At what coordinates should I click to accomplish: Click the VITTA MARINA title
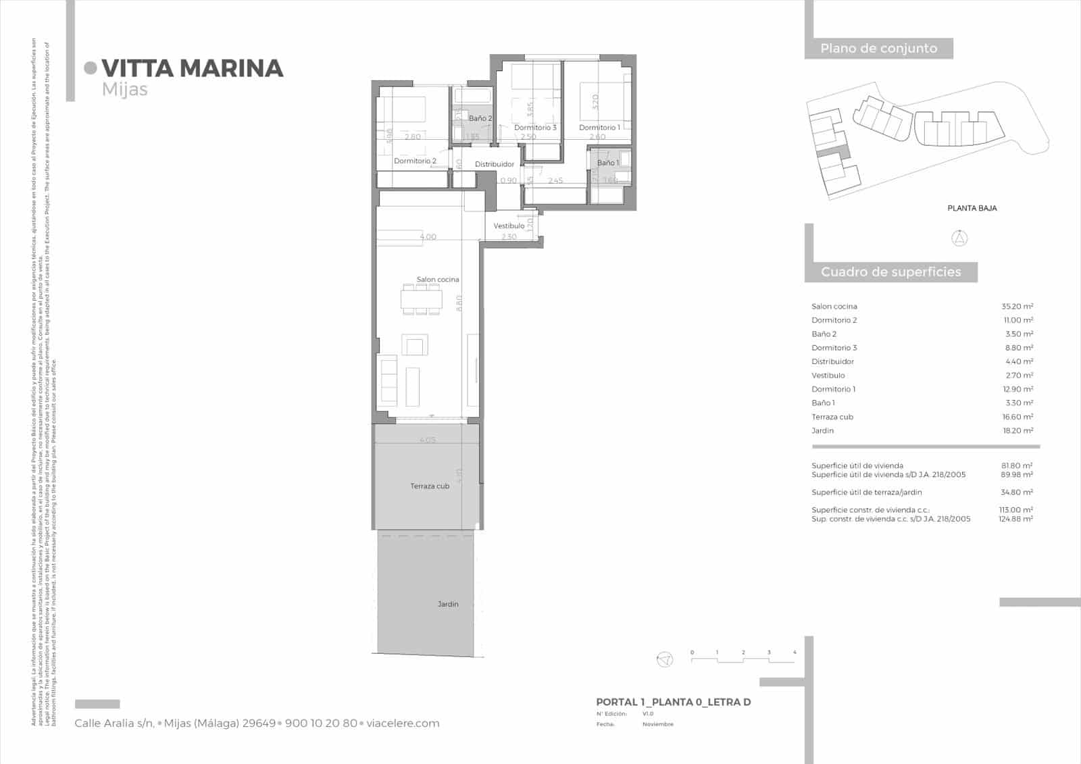coord(192,68)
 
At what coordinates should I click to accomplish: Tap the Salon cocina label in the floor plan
coord(437,280)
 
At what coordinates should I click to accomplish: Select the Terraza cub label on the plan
coord(430,486)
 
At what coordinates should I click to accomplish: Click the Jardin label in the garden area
coord(447,604)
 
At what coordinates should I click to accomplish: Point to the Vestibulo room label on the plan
coord(509,226)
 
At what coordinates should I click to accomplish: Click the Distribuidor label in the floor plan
coord(494,164)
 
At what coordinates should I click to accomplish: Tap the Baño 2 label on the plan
coord(480,118)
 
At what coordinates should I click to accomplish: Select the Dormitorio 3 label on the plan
coord(535,128)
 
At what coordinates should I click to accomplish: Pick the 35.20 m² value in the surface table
coord(1017,307)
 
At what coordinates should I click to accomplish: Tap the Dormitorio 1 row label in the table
coord(833,389)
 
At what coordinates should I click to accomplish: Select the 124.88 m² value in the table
coord(1015,519)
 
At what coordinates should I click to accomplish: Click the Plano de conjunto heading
coord(878,49)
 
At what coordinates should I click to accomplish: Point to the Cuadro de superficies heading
coord(890,272)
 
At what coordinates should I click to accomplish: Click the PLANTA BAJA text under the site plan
coord(972,208)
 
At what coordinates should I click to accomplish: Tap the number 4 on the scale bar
coord(795,653)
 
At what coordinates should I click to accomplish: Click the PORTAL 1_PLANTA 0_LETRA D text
coord(673,703)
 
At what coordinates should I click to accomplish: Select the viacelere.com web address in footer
coord(403,723)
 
